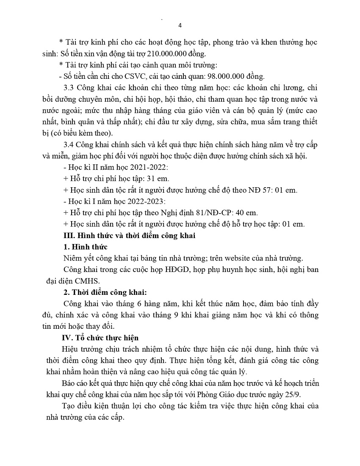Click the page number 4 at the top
pyautogui.click(x=180, y=25)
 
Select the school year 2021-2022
pyautogui.click(x=143, y=167)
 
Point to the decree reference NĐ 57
pyautogui.click(x=263, y=190)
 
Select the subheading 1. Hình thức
pyautogui.click(x=85, y=247)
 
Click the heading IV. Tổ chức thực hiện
pyautogui.click(x=100, y=338)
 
